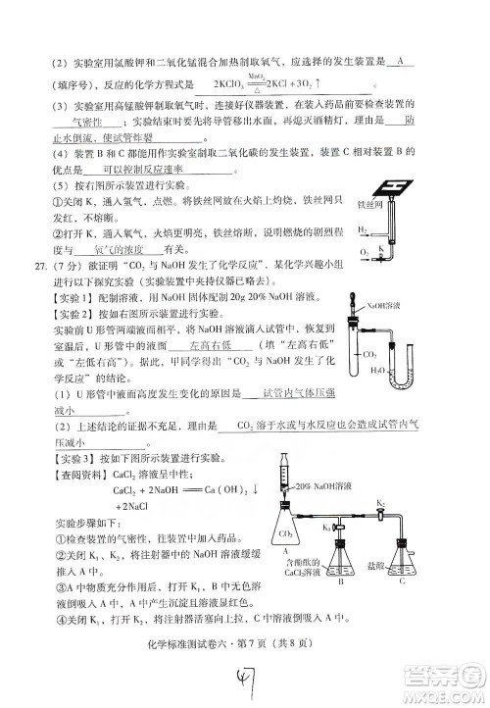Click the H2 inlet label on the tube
(x=362, y=230)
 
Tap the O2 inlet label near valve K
(x=364, y=252)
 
